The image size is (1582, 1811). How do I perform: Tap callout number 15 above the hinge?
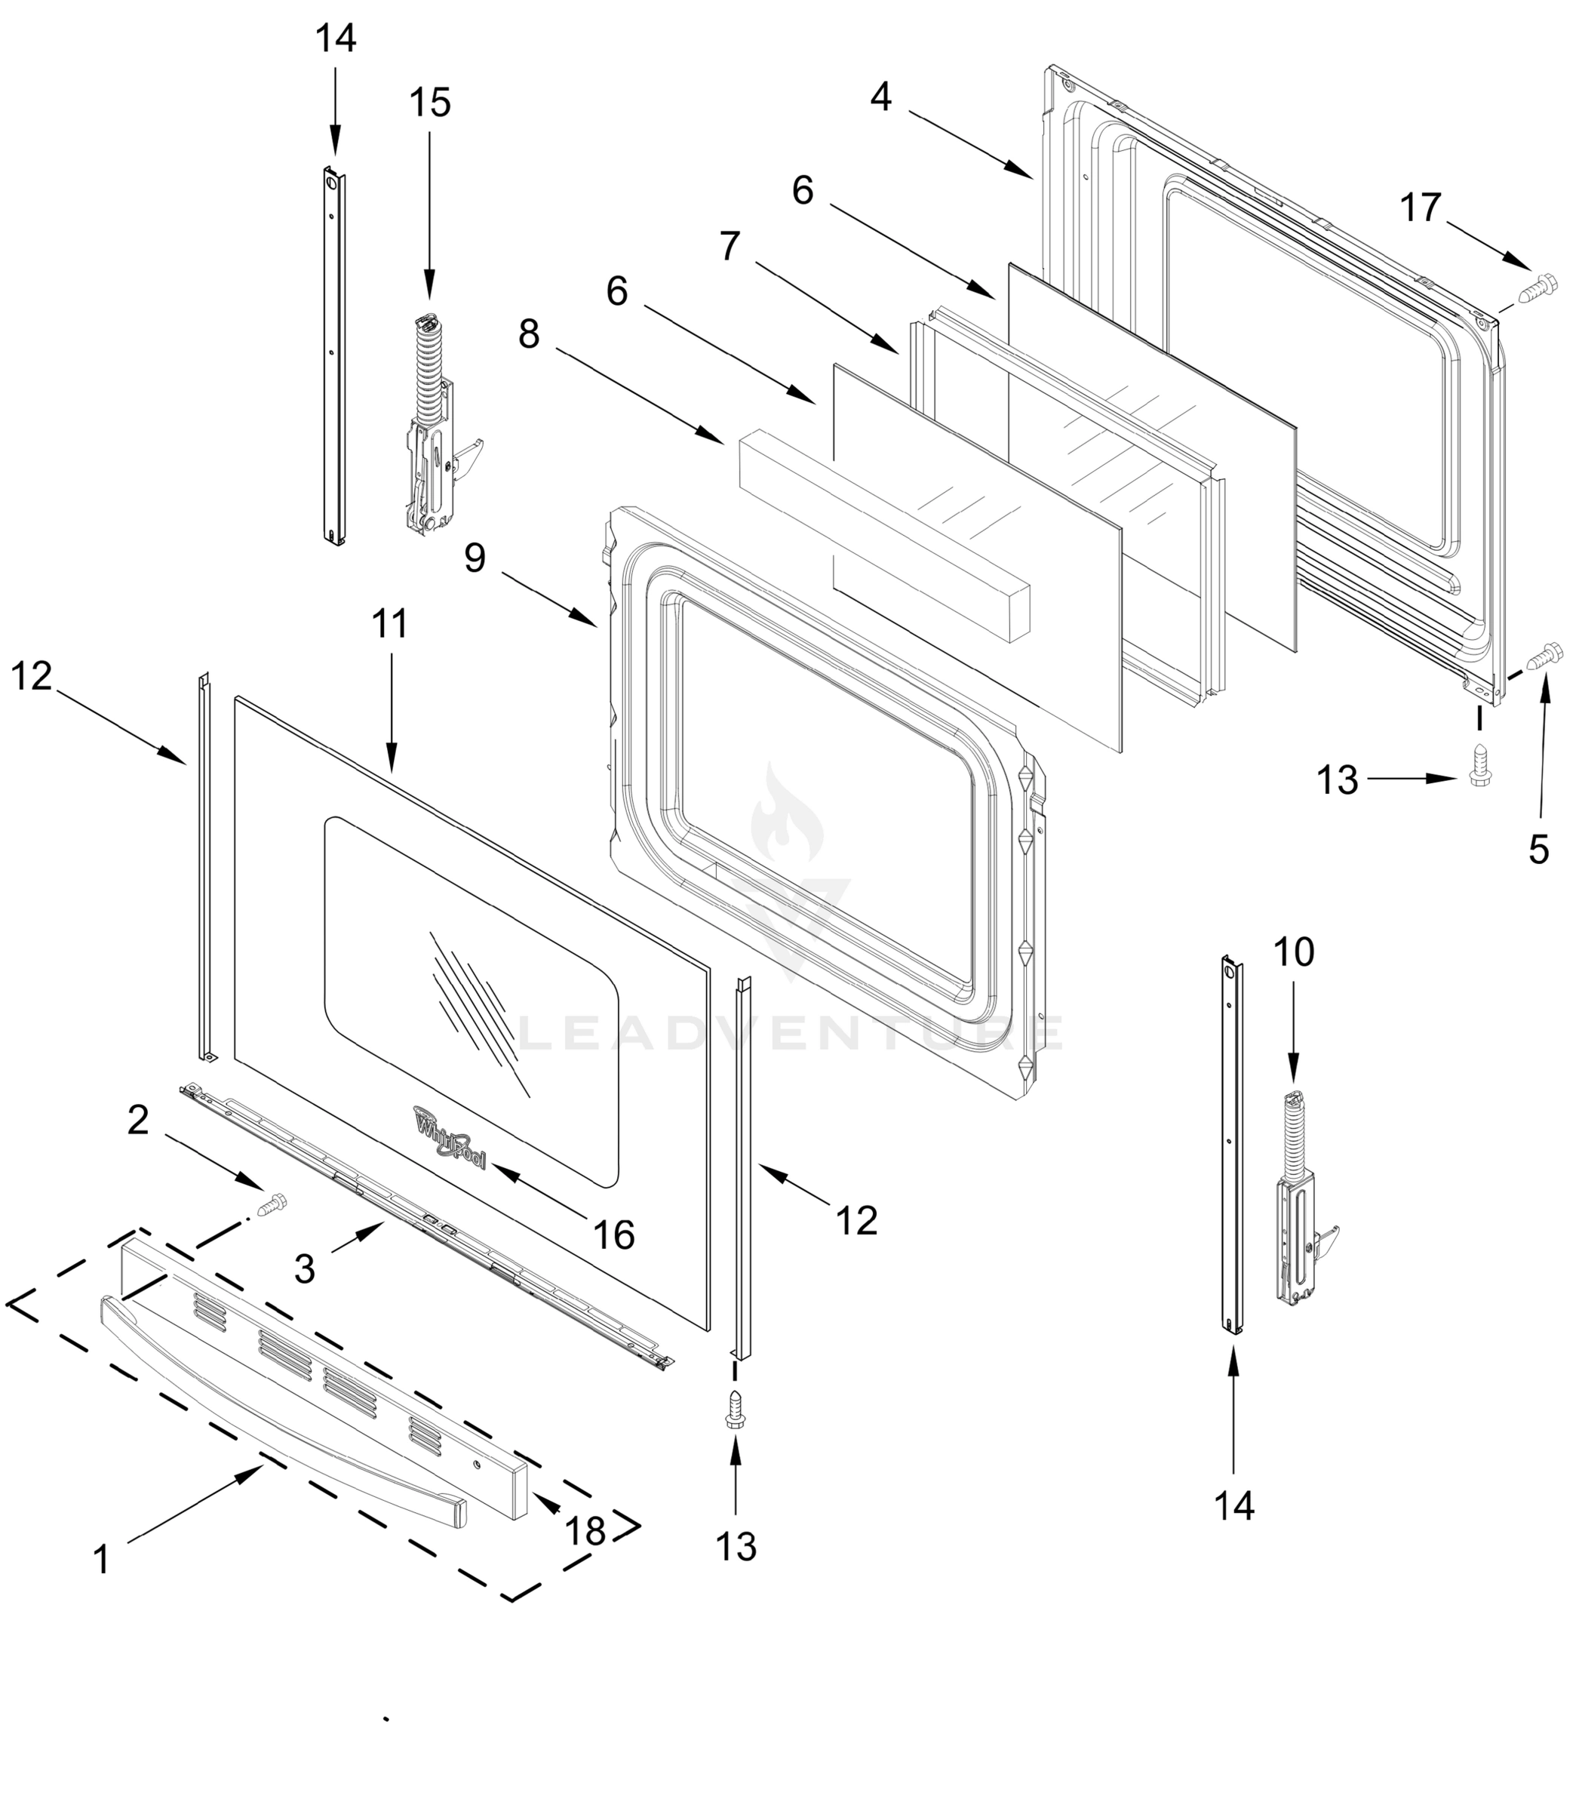coord(430,103)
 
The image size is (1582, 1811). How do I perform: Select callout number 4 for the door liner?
coord(880,97)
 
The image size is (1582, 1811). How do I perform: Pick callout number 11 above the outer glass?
coord(389,623)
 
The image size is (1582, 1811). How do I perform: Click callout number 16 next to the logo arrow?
coord(613,1234)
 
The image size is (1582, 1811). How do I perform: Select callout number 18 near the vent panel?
coord(585,1530)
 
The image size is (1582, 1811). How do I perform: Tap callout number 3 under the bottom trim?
coord(305,1269)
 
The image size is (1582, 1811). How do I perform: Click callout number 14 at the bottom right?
coord(1234,1505)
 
